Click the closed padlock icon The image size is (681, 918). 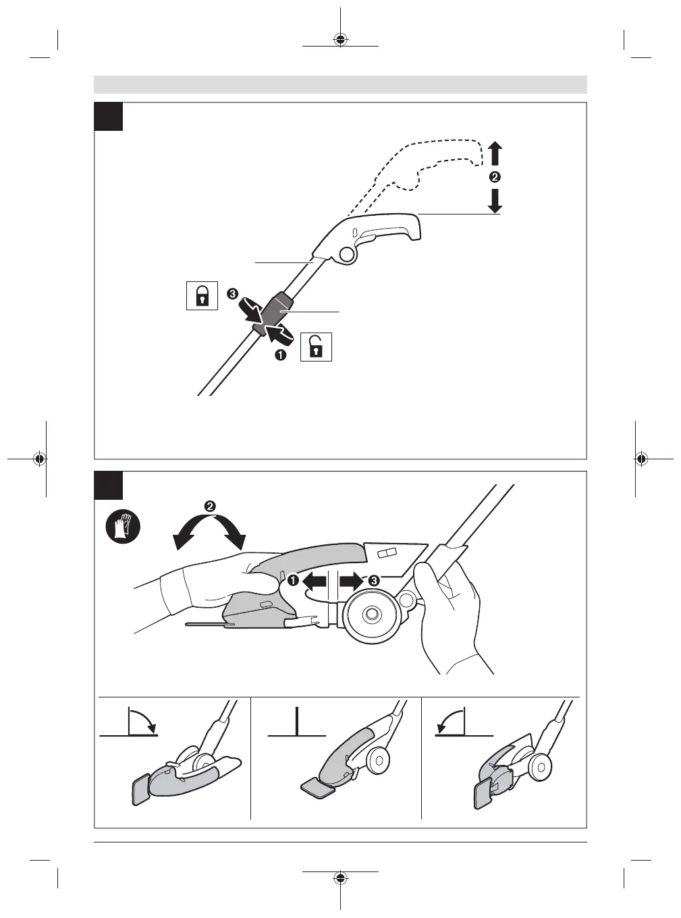point(201,296)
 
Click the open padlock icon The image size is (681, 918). point(315,348)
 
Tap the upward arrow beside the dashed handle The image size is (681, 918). point(495,153)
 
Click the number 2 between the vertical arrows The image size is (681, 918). point(495,177)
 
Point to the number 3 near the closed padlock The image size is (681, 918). point(232,294)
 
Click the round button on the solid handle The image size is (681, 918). point(347,254)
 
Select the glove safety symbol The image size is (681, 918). point(124,525)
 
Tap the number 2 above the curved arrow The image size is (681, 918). point(210,506)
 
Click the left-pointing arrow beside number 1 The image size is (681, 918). point(314,580)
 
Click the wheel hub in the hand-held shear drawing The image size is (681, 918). point(369,614)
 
